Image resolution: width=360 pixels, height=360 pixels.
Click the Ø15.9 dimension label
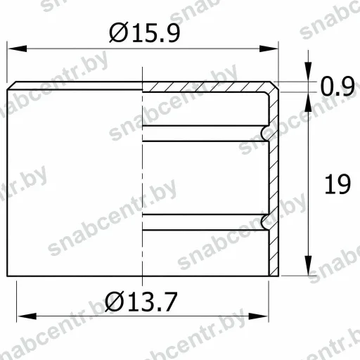click(x=145, y=33)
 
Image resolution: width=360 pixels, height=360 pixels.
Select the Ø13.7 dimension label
click(x=141, y=302)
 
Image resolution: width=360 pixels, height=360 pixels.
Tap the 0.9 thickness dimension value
click(x=337, y=86)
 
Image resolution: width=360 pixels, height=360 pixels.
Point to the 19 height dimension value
click(x=337, y=184)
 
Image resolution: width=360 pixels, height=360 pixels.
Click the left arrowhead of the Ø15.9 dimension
click(x=18, y=49)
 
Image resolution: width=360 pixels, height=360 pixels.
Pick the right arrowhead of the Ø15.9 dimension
click(x=269, y=49)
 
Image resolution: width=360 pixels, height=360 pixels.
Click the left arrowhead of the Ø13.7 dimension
click(x=27, y=316)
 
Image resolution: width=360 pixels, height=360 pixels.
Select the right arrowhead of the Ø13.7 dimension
click(x=258, y=316)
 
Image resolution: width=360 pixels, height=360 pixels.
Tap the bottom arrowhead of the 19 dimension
click(x=308, y=266)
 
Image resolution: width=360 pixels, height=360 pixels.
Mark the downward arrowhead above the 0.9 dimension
click(x=308, y=72)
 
